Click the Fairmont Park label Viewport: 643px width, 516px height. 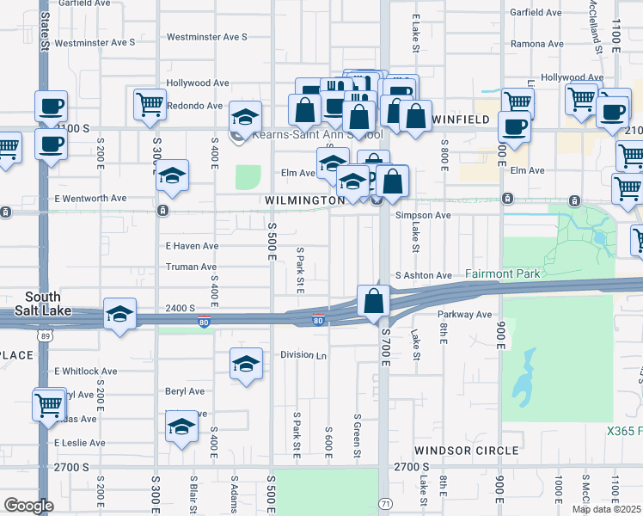(x=503, y=273)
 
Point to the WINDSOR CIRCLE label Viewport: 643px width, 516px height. (x=466, y=450)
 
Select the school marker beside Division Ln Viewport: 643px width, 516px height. (x=246, y=364)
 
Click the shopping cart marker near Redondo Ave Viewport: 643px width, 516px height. (x=150, y=104)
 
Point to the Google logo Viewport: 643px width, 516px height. (x=28, y=506)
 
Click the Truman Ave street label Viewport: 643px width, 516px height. (x=192, y=267)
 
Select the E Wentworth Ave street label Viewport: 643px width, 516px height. (x=90, y=199)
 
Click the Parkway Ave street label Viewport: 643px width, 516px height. (x=464, y=315)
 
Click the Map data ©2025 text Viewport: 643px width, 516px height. (x=607, y=509)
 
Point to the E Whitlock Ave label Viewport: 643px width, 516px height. (x=85, y=372)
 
